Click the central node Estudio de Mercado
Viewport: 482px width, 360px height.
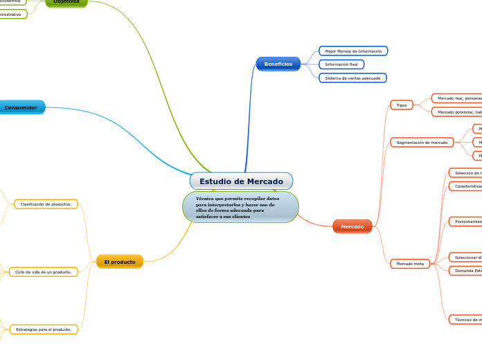click(x=241, y=181)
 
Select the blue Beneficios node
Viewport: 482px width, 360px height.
click(x=278, y=64)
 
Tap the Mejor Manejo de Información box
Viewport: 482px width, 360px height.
click(x=353, y=51)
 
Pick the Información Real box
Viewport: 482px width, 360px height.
click(x=341, y=64)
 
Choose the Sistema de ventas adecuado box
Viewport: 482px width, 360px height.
click(x=352, y=78)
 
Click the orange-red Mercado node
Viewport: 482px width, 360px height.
click(x=352, y=226)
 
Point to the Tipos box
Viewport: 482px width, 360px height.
click(x=402, y=105)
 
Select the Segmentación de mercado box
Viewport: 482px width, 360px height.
click(x=422, y=143)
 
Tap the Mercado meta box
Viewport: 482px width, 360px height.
click(x=410, y=264)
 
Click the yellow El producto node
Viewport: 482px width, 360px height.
click(x=120, y=262)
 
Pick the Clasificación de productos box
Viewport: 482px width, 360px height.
click(x=46, y=204)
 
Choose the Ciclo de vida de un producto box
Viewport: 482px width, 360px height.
click(x=43, y=272)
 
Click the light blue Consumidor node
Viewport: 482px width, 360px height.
click(x=21, y=107)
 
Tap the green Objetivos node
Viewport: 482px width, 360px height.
click(x=67, y=2)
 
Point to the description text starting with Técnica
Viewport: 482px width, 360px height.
click(x=240, y=208)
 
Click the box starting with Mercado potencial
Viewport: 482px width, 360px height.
click(x=457, y=112)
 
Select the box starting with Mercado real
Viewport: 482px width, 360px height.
click(x=457, y=98)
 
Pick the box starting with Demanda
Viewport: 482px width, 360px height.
click(x=465, y=271)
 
